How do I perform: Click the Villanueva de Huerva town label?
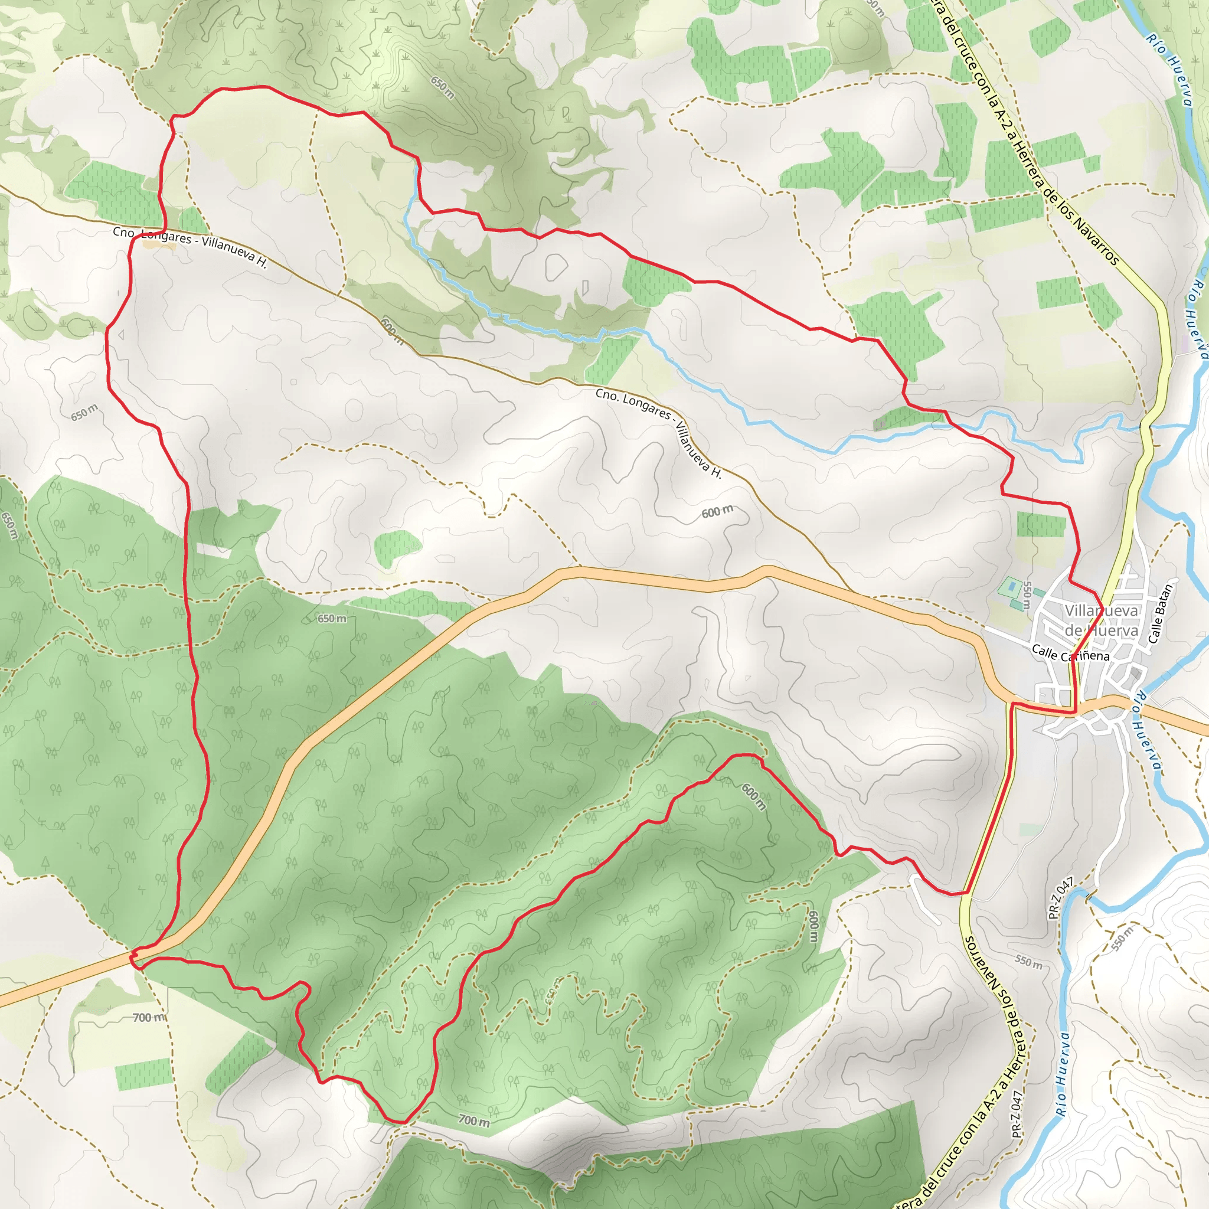[x=1101, y=620]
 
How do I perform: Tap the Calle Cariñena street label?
[x=1070, y=654]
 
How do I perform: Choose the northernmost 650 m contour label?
[x=442, y=87]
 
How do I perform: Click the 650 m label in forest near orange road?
[x=331, y=619]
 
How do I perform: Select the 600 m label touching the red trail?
[x=753, y=796]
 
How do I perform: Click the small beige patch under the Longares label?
[x=159, y=244]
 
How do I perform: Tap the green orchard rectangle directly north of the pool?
[x=1041, y=524]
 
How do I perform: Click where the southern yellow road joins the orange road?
[x=1011, y=705]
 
